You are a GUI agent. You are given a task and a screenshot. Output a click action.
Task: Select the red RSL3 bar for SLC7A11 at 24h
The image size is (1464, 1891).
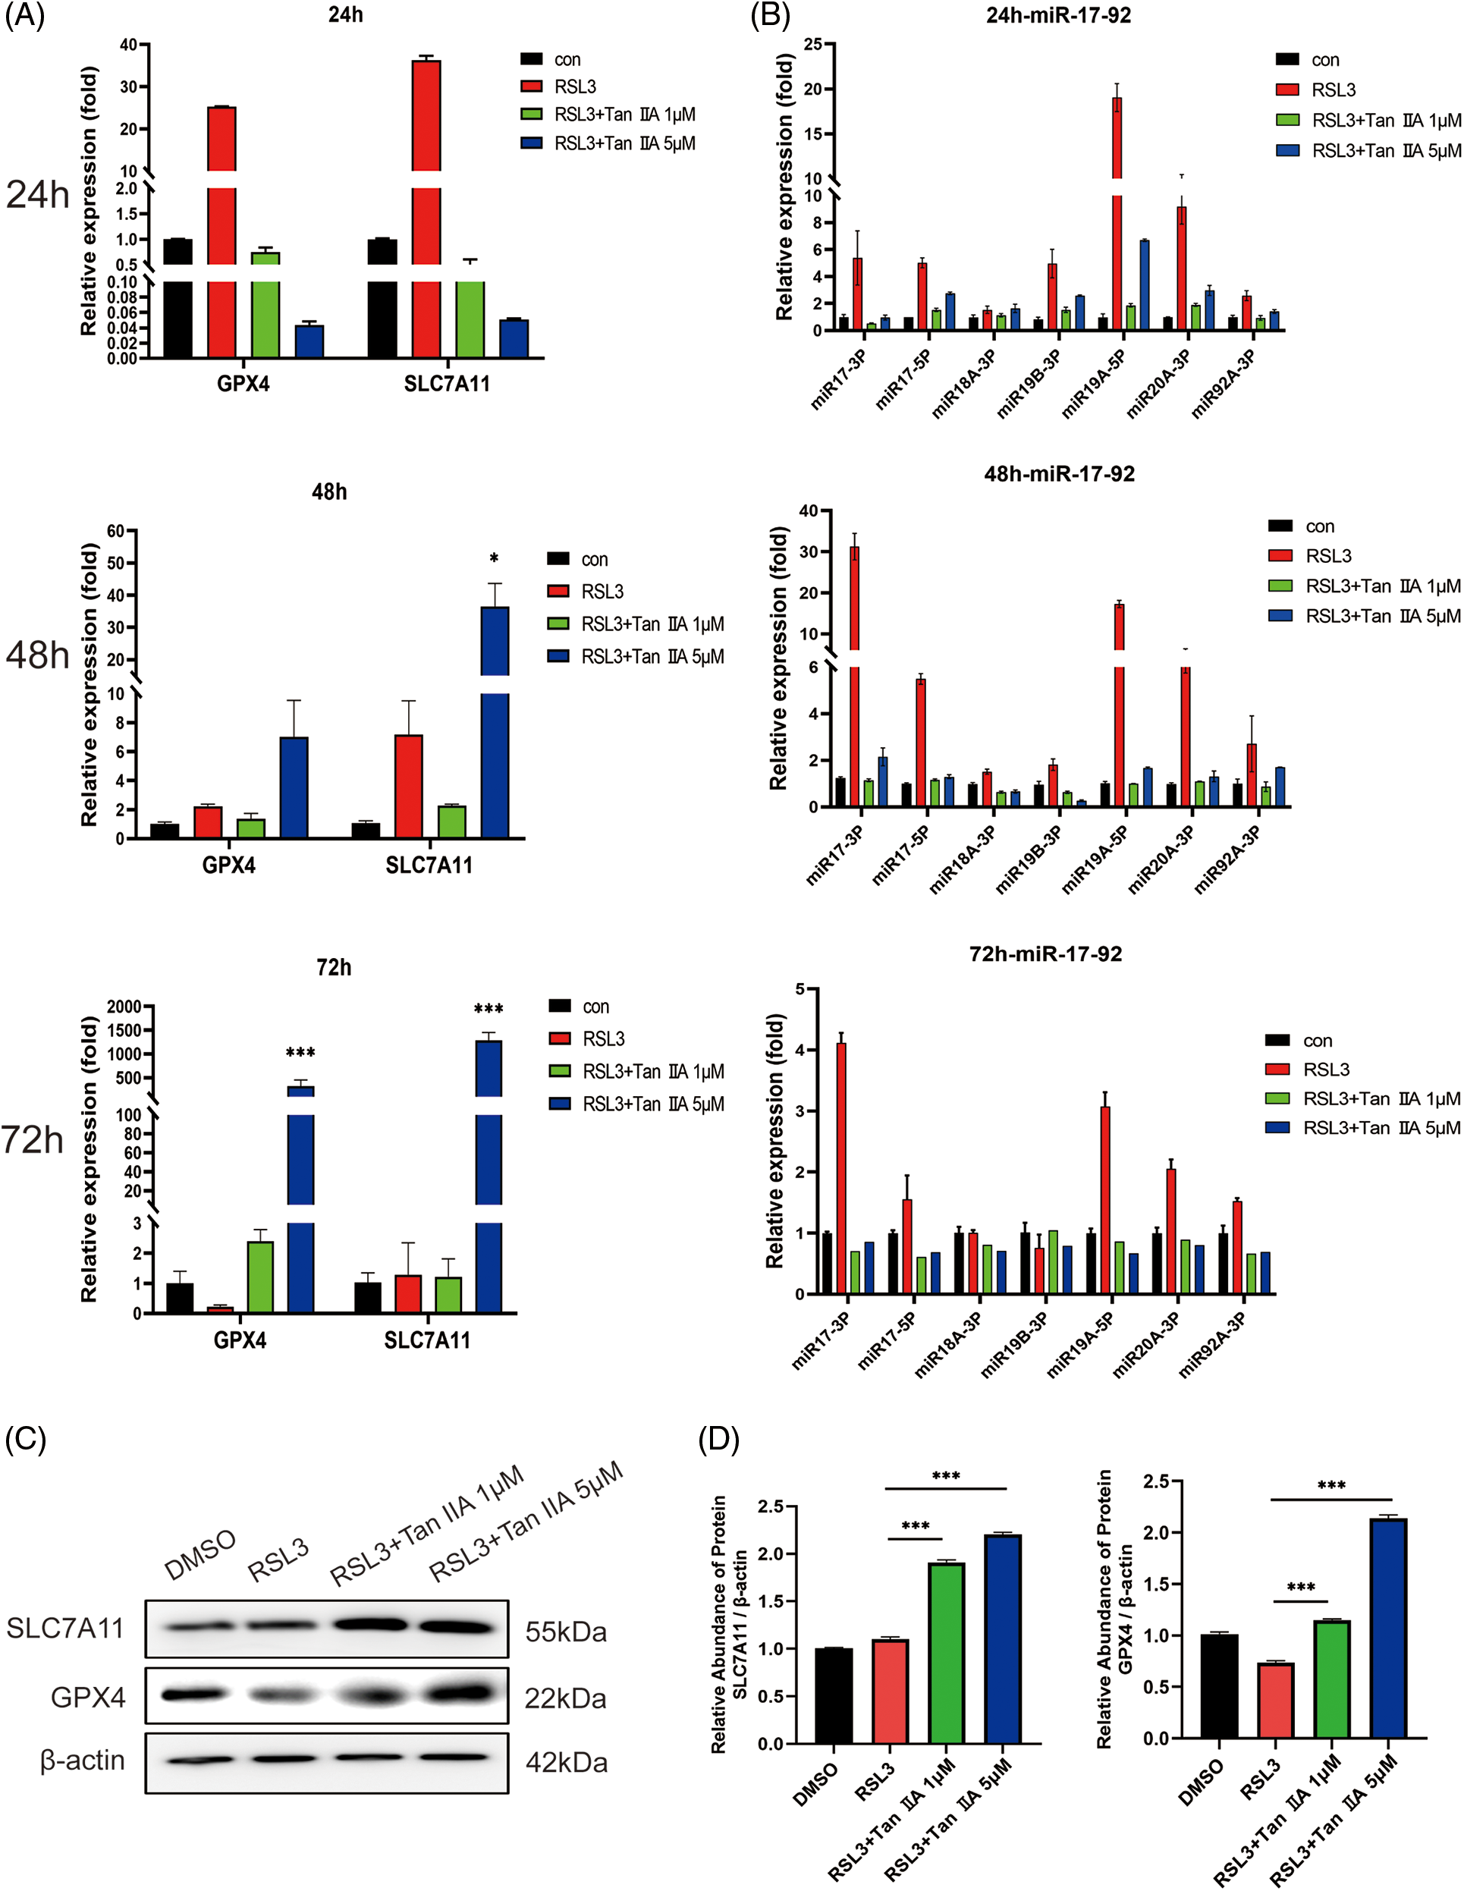(426, 208)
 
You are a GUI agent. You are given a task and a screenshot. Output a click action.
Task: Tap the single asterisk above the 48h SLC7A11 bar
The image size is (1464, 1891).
(494, 558)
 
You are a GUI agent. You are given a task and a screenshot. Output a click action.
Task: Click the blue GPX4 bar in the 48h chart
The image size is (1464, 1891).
(294, 787)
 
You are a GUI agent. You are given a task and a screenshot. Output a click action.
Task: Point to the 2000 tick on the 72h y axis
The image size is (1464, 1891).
(124, 1006)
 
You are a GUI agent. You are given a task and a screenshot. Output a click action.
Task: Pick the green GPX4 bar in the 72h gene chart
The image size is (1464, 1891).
(259, 1277)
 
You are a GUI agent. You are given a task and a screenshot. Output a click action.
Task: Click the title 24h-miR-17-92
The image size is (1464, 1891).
(1058, 16)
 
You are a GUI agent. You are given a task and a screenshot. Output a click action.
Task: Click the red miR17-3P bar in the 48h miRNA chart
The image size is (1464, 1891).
(854, 675)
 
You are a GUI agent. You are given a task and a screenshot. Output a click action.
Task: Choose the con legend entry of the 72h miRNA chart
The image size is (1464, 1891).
(1299, 1041)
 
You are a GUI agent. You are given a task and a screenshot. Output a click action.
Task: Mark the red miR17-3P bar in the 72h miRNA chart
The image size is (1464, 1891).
(840, 1168)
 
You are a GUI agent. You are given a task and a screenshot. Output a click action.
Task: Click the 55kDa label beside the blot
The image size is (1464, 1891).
(565, 1632)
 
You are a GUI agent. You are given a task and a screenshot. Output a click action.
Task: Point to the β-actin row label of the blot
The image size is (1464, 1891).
(82, 1761)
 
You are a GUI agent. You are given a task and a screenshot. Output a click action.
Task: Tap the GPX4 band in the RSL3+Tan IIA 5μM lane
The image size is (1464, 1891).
(461, 1694)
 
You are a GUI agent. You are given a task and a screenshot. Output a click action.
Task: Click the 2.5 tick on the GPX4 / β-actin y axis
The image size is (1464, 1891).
(1156, 1481)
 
